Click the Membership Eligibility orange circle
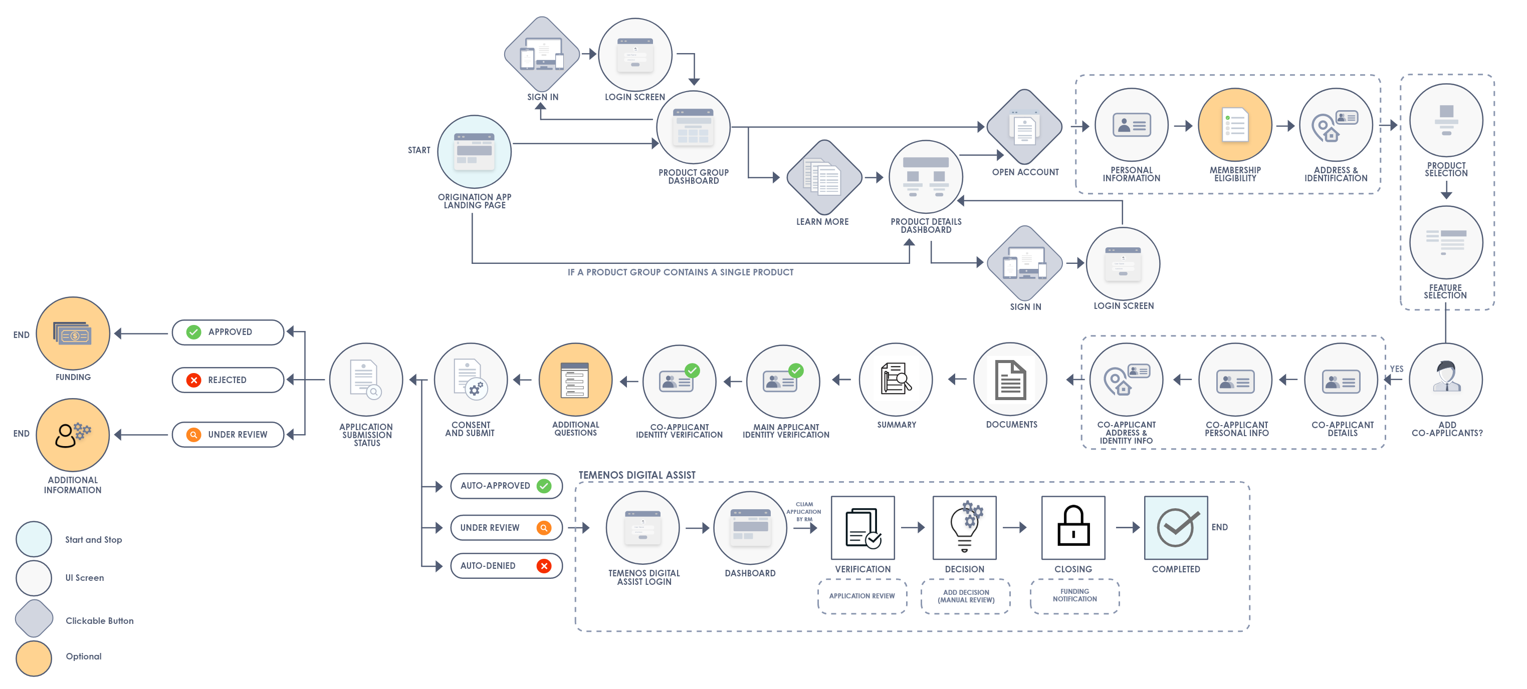pyautogui.click(x=1235, y=125)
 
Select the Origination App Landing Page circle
pyautogui.click(x=474, y=152)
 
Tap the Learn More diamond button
pyautogui.click(x=824, y=178)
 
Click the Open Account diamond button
pyautogui.click(x=1024, y=127)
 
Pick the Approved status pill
pyautogui.click(x=228, y=332)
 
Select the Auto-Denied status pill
pyautogui.click(x=506, y=566)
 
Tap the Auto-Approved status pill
pyautogui.click(x=506, y=486)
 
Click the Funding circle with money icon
pyautogui.click(x=73, y=334)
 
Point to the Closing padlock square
pyautogui.click(x=1073, y=528)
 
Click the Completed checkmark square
pyautogui.click(x=1176, y=528)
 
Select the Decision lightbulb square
pyautogui.click(x=964, y=528)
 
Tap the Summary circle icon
pyautogui.click(x=896, y=380)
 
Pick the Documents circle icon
pyautogui.click(x=1010, y=380)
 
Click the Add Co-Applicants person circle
pyautogui.click(x=1446, y=380)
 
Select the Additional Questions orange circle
pyautogui.click(x=575, y=380)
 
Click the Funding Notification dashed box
pyautogui.click(x=1074, y=596)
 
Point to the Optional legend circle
pyautogui.click(x=34, y=658)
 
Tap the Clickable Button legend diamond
pyautogui.click(x=34, y=618)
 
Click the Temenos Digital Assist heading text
pyautogui.click(x=636, y=475)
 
